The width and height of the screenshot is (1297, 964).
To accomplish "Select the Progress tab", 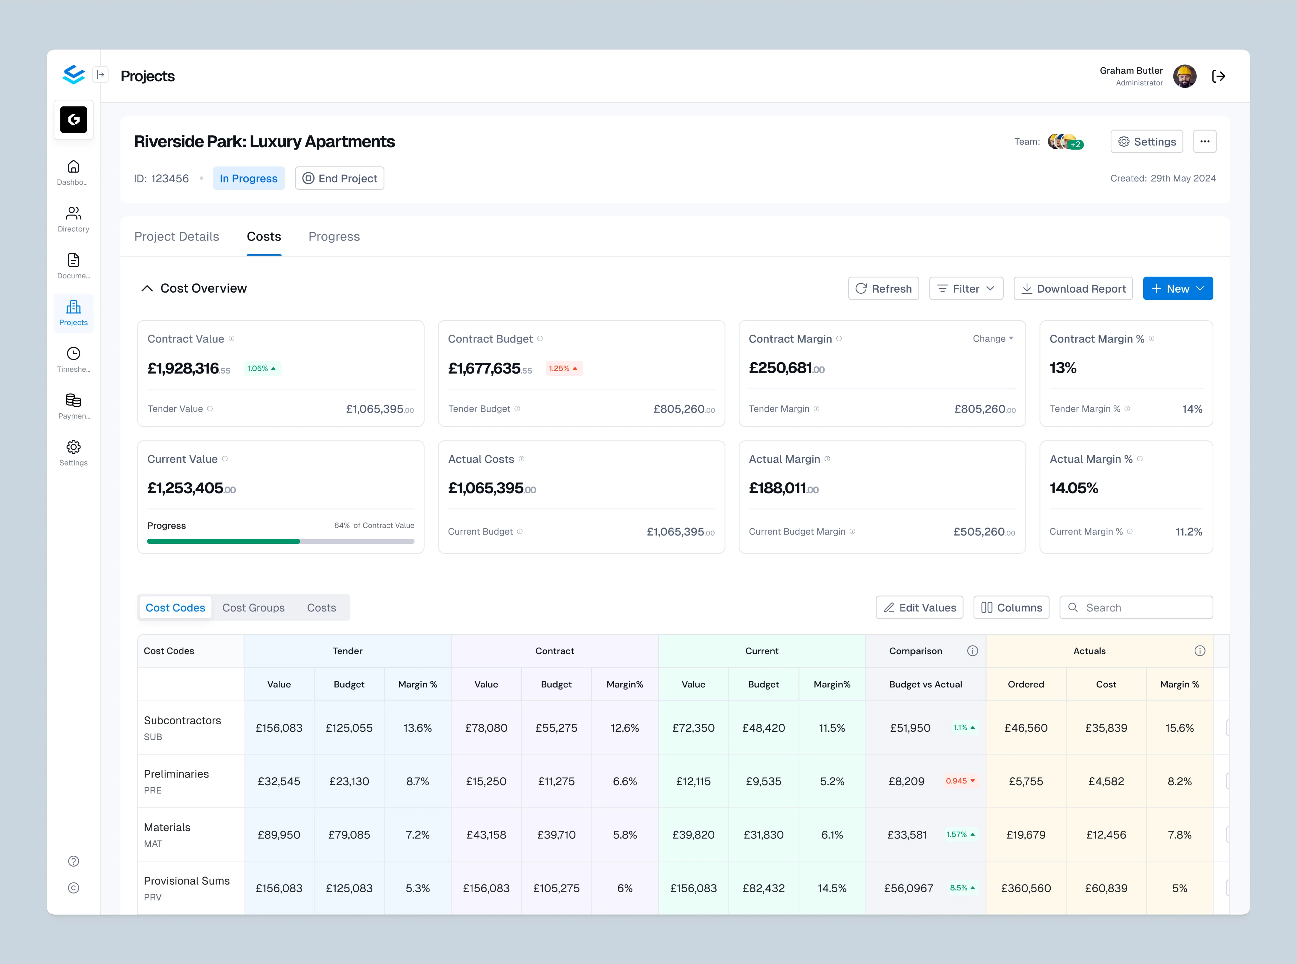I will click(x=334, y=236).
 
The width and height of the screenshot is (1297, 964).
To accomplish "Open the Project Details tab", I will click(x=176, y=236).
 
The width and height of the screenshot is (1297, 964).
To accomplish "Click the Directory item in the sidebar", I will click(x=74, y=219).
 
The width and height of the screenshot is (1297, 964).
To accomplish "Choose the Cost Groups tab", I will click(x=254, y=608).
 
